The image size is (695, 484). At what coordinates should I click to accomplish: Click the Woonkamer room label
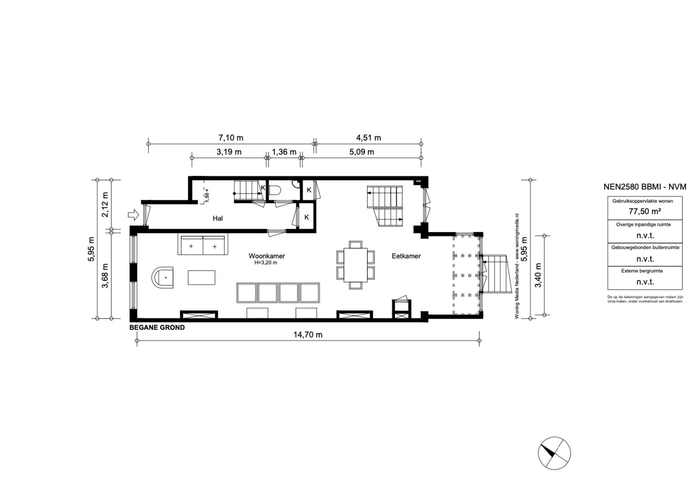(266, 256)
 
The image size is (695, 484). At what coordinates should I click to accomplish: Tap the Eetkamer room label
(406, 256)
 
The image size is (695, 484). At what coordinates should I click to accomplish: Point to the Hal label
(217, 218)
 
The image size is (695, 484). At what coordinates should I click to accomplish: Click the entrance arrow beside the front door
(134, 215)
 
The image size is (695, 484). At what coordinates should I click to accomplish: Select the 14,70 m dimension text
(308, 335)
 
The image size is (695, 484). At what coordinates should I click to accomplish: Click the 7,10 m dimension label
(231, 138)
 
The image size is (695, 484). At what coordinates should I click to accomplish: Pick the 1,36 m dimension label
(284, 152)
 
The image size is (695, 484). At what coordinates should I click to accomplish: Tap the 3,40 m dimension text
(539, 275)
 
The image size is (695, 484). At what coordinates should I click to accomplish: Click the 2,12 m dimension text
(105, 205)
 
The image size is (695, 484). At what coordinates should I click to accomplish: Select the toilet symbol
(275, 190)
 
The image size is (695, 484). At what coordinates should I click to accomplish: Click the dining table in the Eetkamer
(356, 265)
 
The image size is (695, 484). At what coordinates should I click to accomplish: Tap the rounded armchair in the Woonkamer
(163, 277)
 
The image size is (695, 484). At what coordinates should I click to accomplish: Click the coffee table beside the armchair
(201, 277)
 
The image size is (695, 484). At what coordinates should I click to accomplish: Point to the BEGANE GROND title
(157, 328)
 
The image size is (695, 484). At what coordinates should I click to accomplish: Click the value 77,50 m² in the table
(645, 211)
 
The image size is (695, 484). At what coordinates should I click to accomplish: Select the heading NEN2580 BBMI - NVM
(645, 187)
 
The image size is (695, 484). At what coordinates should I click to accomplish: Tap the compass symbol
(554, 453)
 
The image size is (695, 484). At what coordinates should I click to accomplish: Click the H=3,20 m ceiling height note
(265, 263)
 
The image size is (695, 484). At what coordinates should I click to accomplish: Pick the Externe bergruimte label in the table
(642, 271)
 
